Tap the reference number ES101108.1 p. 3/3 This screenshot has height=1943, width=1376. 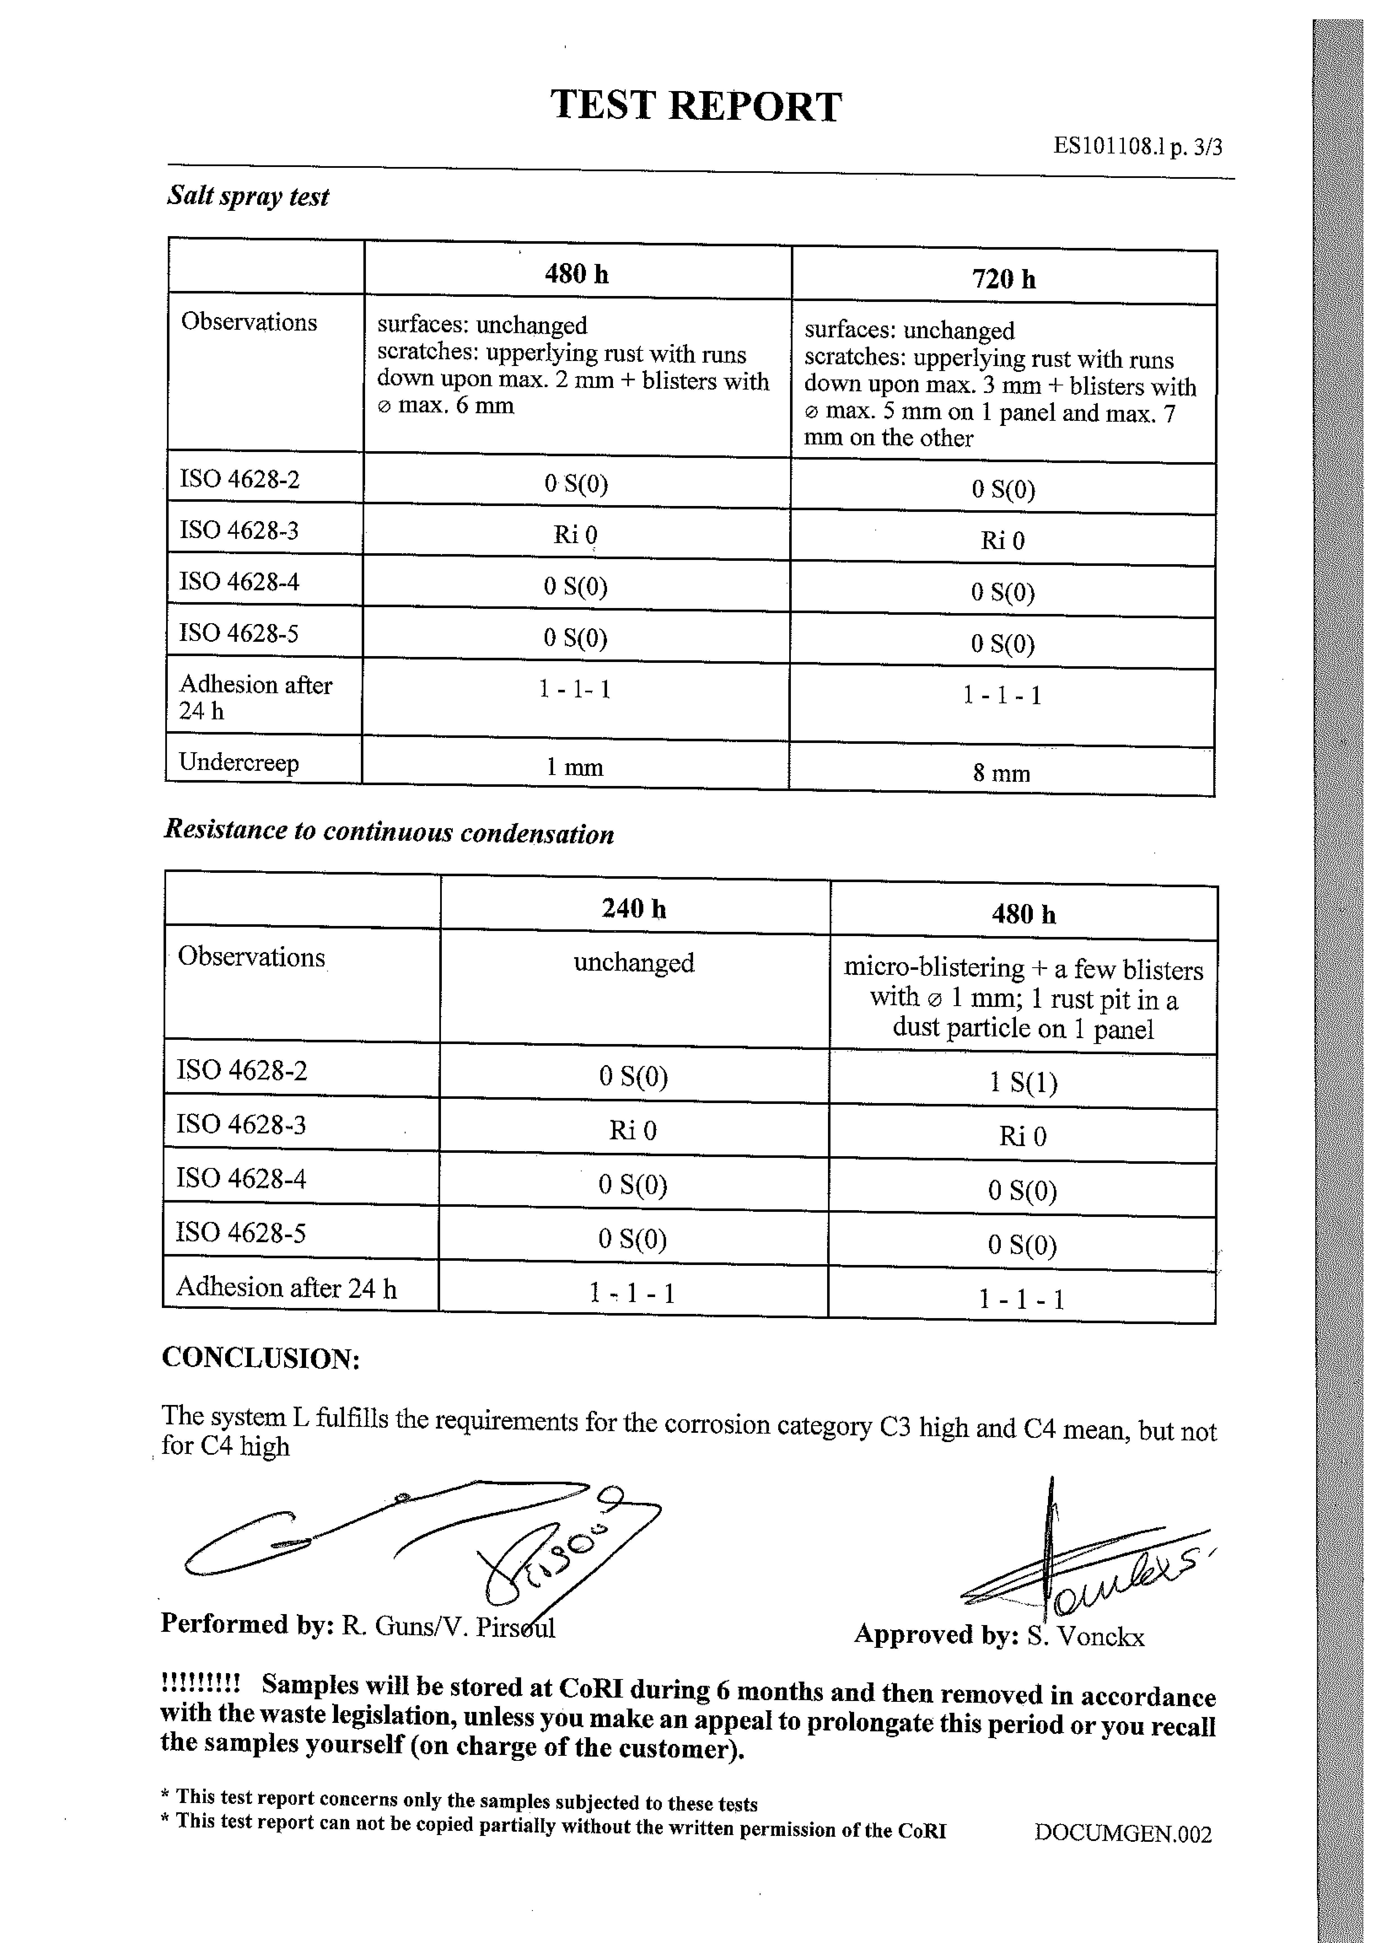[1137, 146]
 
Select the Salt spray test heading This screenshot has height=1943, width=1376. [247, 196]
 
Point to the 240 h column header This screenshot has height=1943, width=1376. [634, 908]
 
